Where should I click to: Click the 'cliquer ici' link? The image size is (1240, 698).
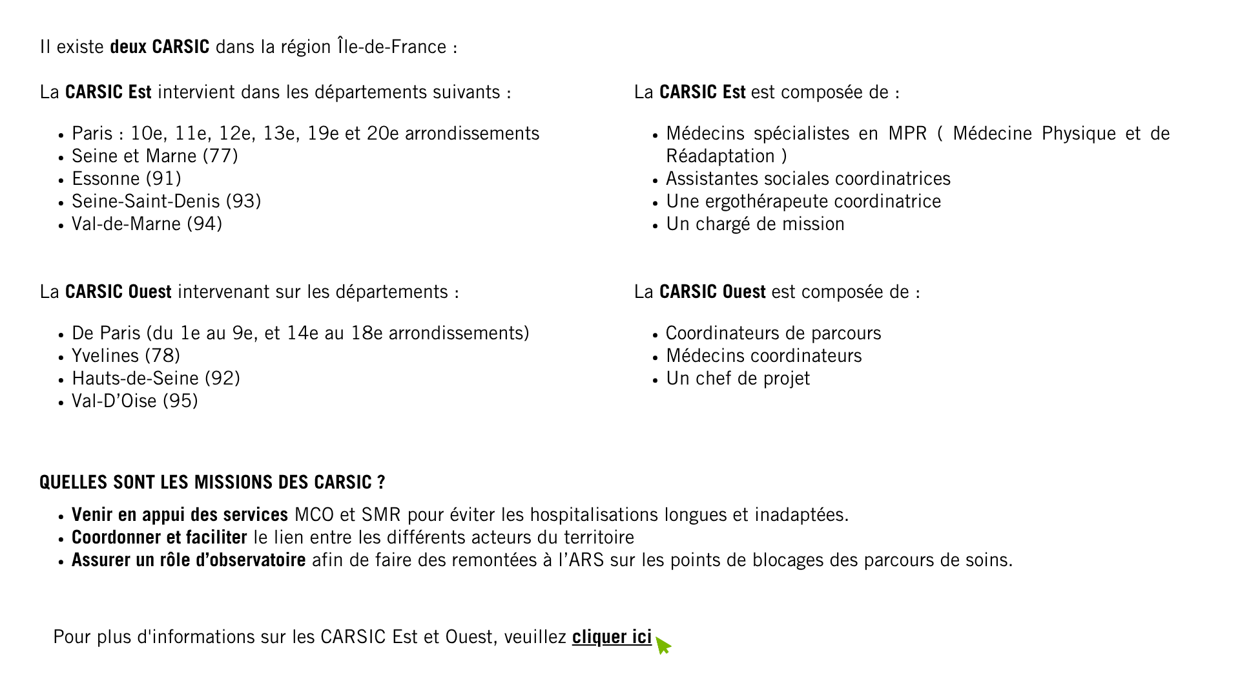click(x=612, y=637)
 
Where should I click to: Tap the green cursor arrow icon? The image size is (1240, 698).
click(x=663, y=646)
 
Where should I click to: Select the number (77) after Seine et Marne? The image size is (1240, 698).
click(x=220, y=156)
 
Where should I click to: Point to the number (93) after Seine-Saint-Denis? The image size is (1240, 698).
click(x=243, y=202)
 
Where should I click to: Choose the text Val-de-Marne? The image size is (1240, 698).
click(x=126, y=224)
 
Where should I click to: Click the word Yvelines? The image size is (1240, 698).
click(x=105, y=356)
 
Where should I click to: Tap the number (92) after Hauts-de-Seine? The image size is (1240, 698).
click(x=222, y=379)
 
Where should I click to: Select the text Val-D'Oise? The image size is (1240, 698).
click(x=114, y=401)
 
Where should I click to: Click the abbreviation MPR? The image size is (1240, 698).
click(x=907, y=134)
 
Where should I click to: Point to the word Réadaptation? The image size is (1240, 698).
click(x=720, y=156)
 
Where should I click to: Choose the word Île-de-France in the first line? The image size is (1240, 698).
click(x=391, y=47)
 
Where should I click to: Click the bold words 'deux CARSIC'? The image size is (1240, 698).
click(x=160, y=47)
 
